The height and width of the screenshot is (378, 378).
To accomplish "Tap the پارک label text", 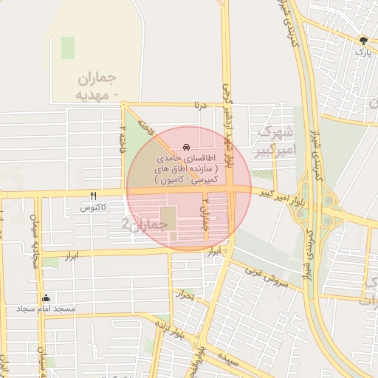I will click(x=362, y=52).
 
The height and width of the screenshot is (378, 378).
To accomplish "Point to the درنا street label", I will click(x=197, y=106).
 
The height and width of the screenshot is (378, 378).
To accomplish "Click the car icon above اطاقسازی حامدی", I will click(x=185, y=148).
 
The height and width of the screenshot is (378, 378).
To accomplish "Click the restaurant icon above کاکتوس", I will click(x=93, y=196).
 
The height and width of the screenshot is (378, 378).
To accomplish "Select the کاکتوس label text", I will click(x=94, y=208).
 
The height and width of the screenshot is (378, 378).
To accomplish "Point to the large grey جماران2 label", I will click(x=140, y=222).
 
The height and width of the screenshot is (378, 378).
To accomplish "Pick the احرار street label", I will click(x=183, y=296).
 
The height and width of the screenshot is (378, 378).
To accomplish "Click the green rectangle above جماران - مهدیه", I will click(x=68, y=48).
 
